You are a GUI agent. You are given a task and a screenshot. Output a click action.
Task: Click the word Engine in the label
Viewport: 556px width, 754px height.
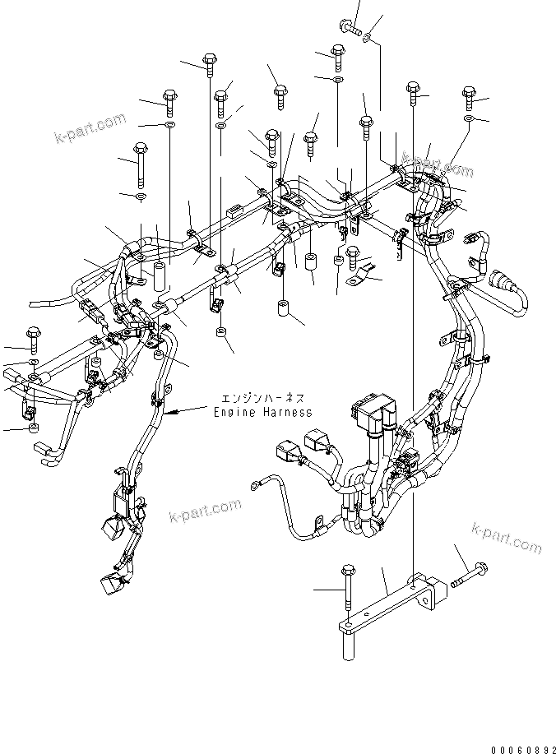233,411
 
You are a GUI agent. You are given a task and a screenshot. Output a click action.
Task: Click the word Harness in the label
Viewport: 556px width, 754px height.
284,411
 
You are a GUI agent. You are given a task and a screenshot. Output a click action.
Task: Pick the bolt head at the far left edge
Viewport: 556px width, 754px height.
34,334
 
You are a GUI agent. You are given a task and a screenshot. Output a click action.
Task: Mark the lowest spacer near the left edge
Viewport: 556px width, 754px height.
34,428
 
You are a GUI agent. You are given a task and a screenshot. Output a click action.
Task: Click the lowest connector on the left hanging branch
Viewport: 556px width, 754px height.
109,585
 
